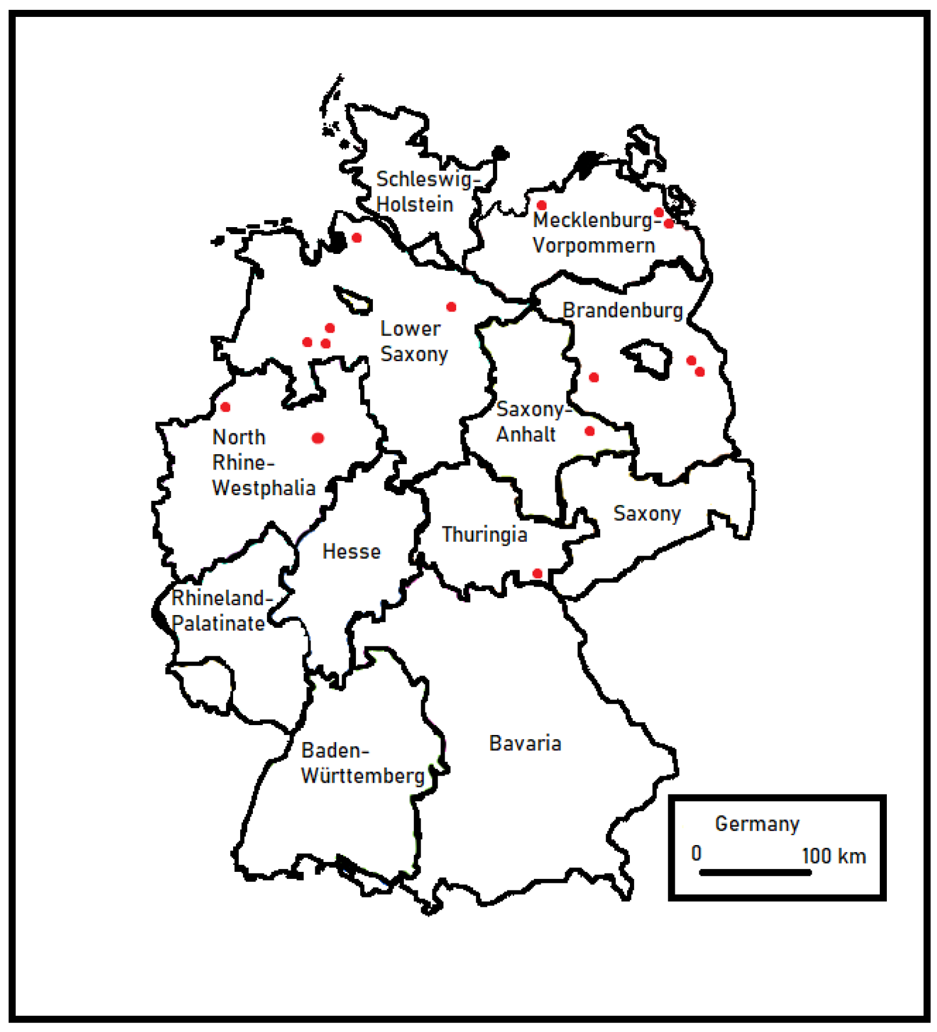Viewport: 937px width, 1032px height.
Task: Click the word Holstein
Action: coord(414,204)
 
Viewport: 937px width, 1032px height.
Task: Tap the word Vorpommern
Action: coord(593,246)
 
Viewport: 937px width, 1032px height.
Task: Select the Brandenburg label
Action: coord(622,310)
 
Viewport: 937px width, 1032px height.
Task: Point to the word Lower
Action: coord(410,328)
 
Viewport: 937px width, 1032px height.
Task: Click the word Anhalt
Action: coord(526,434)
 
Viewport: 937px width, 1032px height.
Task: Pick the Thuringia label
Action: coord(484,534)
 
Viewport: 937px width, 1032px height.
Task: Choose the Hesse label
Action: coord(351,552)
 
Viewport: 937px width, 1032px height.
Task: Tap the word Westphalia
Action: coord(263,487)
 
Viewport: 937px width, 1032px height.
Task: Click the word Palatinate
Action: coord(218,623)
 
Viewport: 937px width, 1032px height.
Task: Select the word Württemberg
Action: coord(362,776)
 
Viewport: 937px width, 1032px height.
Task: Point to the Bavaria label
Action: coord(524,743)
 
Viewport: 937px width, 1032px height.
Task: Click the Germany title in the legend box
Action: coord(756,824)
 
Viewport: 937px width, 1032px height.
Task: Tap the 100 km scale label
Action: coord(833,856)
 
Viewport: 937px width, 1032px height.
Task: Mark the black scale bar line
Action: coord(755,872)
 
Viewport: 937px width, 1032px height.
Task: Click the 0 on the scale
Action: coord(696,853)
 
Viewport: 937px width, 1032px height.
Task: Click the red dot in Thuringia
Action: coord(537,574)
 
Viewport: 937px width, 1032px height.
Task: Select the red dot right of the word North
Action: coord(318,438)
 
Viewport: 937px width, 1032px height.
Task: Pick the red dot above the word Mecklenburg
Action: coord(541,205)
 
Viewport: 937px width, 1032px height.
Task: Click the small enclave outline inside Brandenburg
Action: coord(647,356)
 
